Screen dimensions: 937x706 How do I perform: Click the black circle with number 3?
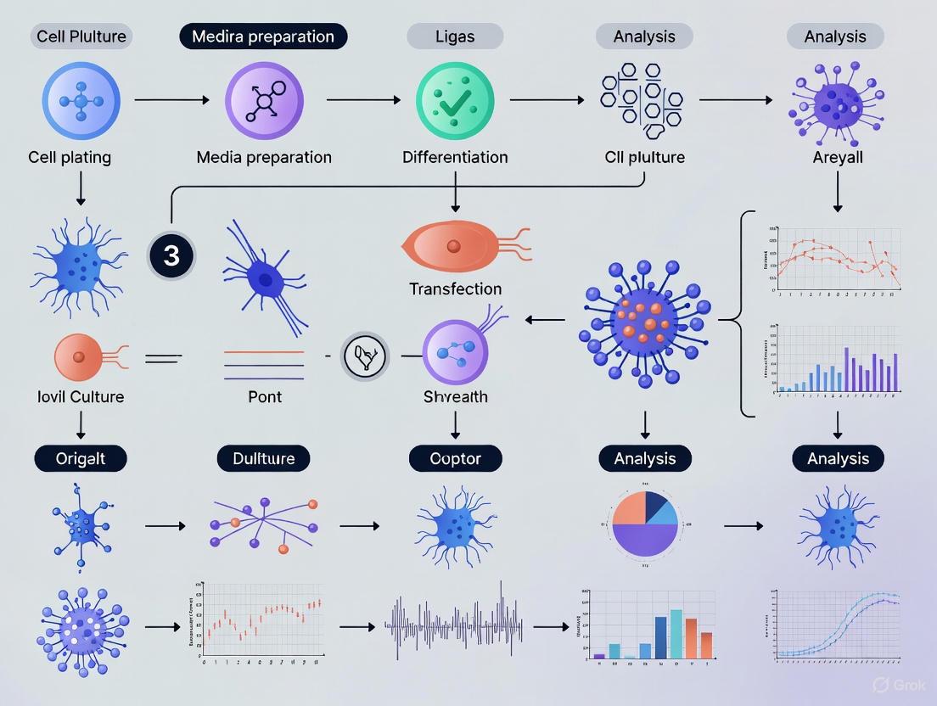point(171,255)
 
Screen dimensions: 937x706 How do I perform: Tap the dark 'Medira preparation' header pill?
point(263,36)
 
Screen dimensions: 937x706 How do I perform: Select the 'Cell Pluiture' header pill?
point(81,36)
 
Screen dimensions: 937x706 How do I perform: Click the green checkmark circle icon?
point(455,100)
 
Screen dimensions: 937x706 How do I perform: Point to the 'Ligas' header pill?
point(455,36)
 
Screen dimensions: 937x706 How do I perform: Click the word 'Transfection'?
point(455,289)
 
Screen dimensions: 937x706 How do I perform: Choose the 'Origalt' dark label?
point(81,459)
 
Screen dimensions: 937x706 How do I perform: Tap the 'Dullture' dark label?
point(264,459)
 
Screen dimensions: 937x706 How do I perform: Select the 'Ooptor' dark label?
point(455,459)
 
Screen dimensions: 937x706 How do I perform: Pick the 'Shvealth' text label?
point(455,396)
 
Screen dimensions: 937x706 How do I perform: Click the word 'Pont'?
point(264,396)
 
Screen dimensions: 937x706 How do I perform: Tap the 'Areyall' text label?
point(837,157)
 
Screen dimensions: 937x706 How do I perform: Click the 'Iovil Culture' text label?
point(81,396)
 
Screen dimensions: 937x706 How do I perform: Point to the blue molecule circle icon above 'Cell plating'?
point(81,100)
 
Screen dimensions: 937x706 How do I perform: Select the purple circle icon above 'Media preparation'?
point(264,100)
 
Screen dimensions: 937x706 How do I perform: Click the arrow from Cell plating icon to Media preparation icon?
point(171,100)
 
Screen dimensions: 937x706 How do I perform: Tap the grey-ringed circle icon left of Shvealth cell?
point(365,356)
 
